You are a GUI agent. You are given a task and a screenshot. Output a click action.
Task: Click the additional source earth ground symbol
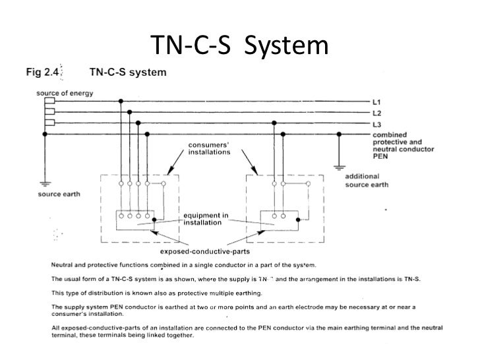click(x=338, y=167)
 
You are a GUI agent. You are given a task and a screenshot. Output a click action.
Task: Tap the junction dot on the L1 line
click(x=120, y=102)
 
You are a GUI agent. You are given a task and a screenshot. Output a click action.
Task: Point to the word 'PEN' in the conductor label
click(x=379, y=158)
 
